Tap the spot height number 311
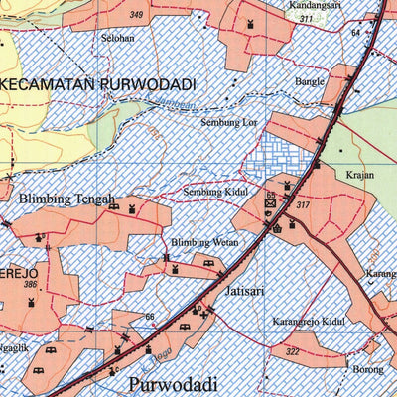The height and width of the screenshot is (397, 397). [x=307, y=19]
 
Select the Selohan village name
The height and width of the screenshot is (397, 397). [x=117, y=38]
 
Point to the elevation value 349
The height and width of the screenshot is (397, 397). [x=136, y=15]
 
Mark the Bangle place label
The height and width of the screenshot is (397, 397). [x=309, y=81]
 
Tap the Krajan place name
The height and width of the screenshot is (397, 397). [x=360, y=174]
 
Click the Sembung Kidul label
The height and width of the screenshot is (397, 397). [x=212, y=192]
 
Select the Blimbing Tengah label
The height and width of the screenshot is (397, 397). [x=67, y=198]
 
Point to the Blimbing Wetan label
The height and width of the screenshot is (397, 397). [x=204, y=242]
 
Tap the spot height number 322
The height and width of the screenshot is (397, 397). [x=292, y=352]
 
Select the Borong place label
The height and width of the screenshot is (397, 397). [x=366, y=369]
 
